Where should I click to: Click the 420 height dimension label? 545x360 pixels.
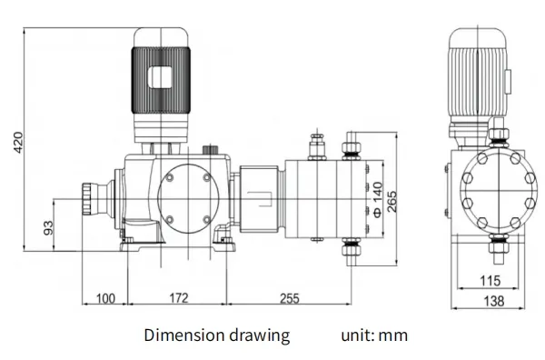[x=18, y=142]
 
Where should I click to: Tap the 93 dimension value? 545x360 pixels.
[x=49, y=228]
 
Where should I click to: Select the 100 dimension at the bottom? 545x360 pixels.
[x=105, y=298]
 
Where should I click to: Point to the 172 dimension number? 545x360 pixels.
[x=179, y=298]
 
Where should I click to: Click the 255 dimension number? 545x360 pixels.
[x=289, y=298]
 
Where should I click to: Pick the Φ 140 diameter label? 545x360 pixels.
[x=378, y=199]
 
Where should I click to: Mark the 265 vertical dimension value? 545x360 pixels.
[x=391, y=202]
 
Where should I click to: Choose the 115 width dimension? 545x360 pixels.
[x=490, y=280]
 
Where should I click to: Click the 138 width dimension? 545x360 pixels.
[x=494, y=301]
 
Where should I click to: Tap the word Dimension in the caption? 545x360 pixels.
[x=184, y=335]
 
